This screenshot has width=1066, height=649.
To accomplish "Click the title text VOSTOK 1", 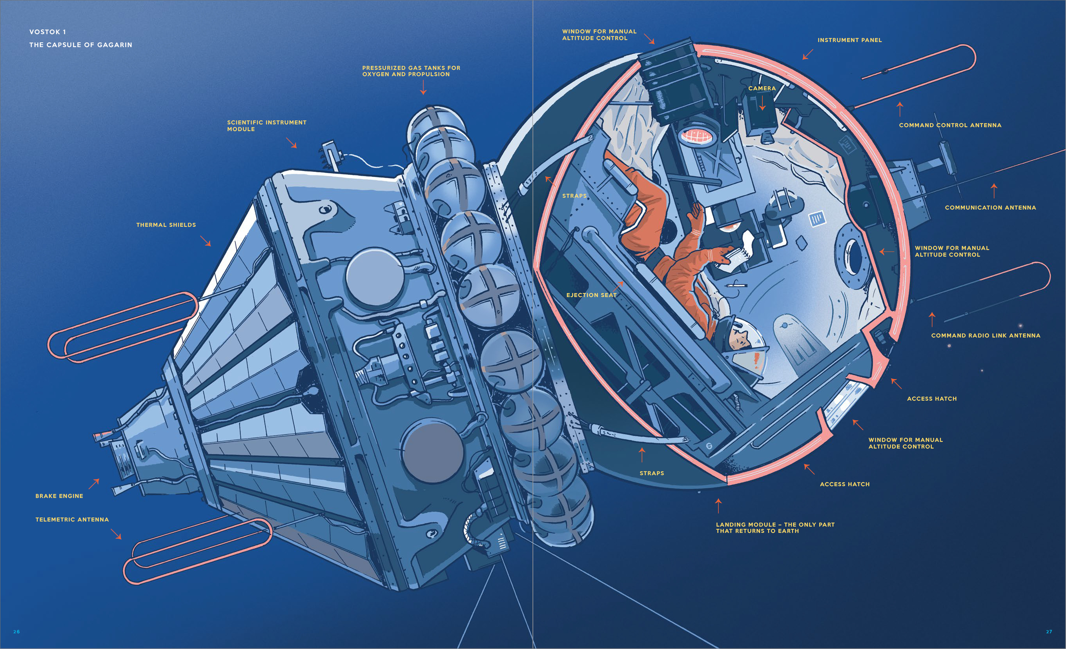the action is (47, 32).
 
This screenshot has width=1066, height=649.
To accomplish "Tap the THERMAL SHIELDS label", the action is (166, 225).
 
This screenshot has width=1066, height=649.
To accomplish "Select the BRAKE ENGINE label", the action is (59, 496).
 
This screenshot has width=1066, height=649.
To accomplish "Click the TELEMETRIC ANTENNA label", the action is (72, 520).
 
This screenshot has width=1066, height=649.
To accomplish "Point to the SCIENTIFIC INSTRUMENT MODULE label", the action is (266, 126).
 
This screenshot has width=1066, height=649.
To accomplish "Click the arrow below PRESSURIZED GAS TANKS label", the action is (424, 87).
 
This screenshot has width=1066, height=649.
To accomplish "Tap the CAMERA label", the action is (762, 88).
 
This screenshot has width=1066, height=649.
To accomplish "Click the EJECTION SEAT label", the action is (591, 295).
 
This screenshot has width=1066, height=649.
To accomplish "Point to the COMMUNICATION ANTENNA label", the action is (990, 208).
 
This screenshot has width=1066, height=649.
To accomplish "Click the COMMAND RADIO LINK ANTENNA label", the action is (986, 336).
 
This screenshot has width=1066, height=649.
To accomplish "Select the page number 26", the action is (16, 632).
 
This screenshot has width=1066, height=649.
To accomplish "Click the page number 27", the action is (1049, 632).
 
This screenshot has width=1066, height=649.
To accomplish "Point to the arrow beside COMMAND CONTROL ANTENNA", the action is (900, 109).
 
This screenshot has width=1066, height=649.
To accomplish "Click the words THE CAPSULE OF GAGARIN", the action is (81, 45).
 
